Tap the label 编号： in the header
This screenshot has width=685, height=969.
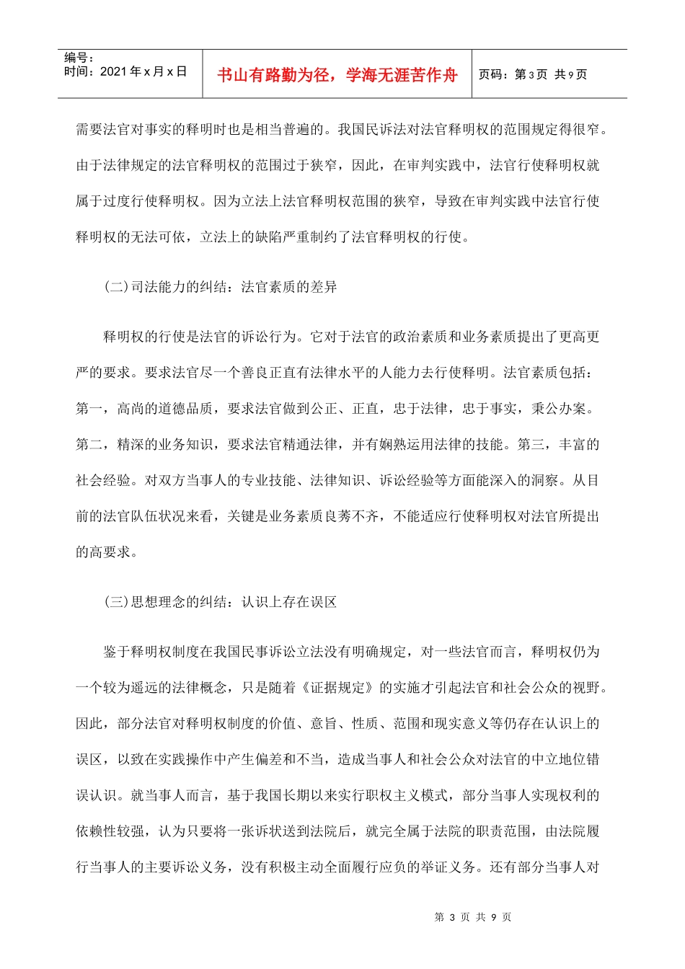coord(79,58)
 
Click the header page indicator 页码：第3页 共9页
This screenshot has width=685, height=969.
coord(533,74)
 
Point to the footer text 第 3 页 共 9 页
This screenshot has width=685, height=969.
coord(473,917)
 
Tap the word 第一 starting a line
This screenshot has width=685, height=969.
coord(89,409)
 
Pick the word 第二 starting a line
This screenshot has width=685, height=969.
coord(89,445)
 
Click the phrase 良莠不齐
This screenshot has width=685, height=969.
coord(351,516)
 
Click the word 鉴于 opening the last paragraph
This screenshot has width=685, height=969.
coord(117,652)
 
